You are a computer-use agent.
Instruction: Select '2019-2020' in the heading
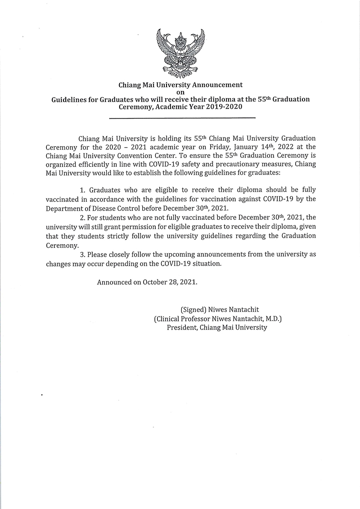tap(225, 107)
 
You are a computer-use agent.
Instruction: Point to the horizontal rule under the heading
tap(183, 118)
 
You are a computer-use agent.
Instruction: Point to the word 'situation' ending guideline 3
tap(206, 263)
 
